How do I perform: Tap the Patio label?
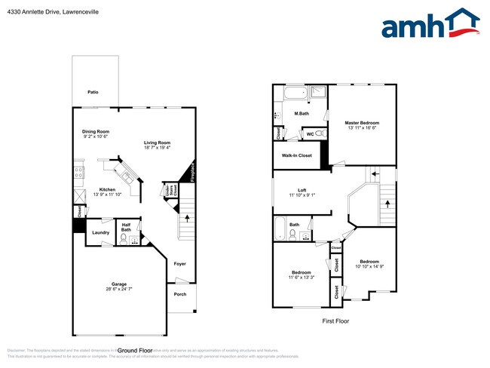93,92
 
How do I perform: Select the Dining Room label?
96,132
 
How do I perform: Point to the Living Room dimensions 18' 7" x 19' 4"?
158,148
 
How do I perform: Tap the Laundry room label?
101,233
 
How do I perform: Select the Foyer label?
179,264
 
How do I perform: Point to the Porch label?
180,294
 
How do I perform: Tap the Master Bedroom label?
362,122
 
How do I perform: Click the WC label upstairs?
311,134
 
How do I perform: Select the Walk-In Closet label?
297,155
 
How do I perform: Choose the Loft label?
302,189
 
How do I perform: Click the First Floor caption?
335,320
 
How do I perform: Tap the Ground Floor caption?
136,351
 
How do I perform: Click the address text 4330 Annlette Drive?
42,13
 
